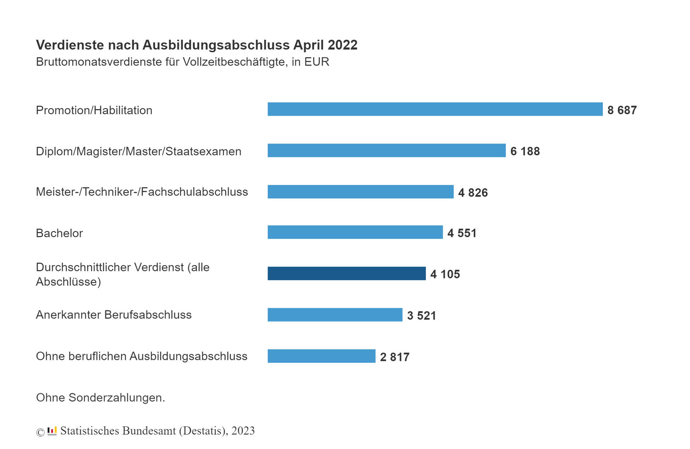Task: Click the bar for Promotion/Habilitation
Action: tap(435, 109)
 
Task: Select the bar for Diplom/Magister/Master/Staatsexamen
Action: tap(386, 151)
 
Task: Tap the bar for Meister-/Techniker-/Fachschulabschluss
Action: tap(360, 192)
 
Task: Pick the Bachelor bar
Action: tap(355, 232)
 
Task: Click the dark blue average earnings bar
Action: tap(346, 274)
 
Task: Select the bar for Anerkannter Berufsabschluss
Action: tap(335, 315)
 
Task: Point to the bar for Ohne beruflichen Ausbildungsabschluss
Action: tap(321, 356)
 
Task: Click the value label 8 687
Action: tap(622, 110)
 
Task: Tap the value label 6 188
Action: tap(525, 151)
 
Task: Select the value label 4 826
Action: tap(473, 193)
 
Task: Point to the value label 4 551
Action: tap(462, 233)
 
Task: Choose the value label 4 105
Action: tap(445, 274)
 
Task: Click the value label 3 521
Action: tap(421, 316)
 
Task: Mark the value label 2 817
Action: tap(395, 357)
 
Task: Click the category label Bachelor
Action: tap(59, 233)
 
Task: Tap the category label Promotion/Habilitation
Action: tap(94, 110)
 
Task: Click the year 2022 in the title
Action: tap(342, 45)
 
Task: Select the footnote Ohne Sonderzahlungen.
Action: tap(101, 398)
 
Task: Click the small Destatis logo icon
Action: tap(52, 431)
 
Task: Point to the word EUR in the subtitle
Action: tap(317, 62)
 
